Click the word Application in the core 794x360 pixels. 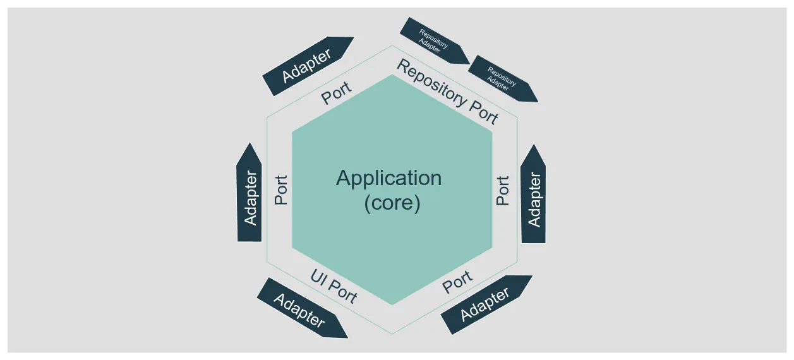pos(388,178)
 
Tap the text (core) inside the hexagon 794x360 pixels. pos(392,204)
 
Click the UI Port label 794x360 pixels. pos(334,285)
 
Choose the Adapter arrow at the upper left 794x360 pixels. pos(308,66)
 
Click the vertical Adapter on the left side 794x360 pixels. pos(250,197)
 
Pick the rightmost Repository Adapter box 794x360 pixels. pos(503,78)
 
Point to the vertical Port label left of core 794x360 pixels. pos(281,189)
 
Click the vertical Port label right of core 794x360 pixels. pos(503,190)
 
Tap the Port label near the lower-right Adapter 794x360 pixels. pos(457,282)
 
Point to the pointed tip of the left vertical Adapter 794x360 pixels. pos(250,145)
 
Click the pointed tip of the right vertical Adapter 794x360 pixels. pos(534,146)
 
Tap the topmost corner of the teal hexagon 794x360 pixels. pos(392,75)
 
